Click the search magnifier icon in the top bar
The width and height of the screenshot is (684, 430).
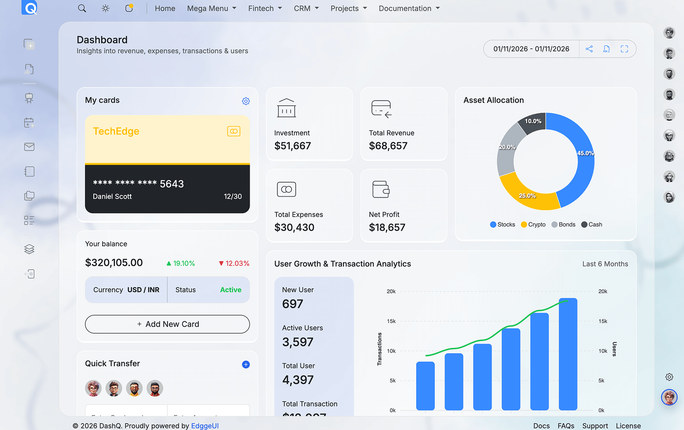82,8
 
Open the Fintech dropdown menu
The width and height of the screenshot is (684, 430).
265,8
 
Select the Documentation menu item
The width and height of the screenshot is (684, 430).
409,8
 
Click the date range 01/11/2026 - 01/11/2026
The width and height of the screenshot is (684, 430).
531,49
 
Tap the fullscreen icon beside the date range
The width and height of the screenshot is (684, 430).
624,49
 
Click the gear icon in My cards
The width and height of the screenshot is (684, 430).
246,101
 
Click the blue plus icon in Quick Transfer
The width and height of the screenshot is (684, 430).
246,365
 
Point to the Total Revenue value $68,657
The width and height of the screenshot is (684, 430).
388,146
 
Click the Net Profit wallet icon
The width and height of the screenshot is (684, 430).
381,189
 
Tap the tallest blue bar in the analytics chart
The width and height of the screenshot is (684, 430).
568,354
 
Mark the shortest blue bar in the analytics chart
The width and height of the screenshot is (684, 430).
425,386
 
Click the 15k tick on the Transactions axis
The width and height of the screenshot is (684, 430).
391,321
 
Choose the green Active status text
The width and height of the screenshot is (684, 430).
231,290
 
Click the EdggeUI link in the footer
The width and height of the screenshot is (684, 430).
205,426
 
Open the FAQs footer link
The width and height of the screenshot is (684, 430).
566,426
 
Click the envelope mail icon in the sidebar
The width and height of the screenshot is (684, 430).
29,147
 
